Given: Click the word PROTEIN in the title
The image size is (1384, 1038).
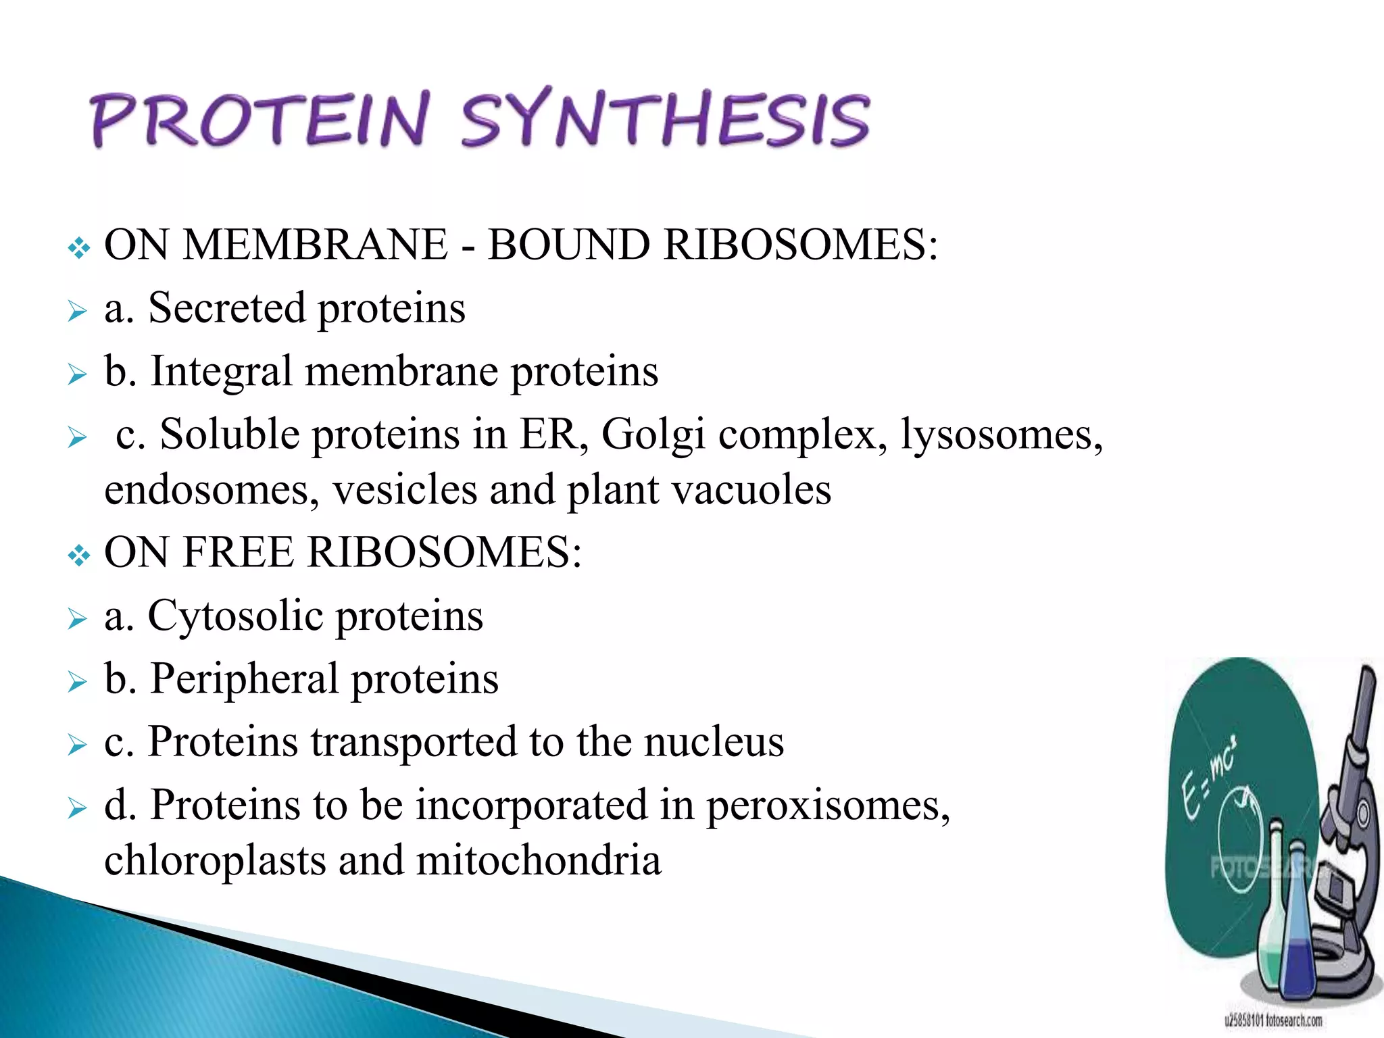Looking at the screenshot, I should click(x=260, y=120).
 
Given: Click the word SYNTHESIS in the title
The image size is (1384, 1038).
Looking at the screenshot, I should click(x=666, y=120).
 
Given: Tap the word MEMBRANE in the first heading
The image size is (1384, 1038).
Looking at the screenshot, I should click(x=316, y=245).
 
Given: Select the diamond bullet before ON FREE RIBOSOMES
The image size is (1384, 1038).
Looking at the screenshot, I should click(x=79, y=556).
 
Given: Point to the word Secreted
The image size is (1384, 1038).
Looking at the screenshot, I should click(x=226, y=308).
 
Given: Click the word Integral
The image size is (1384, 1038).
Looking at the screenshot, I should click(x=221, y=372).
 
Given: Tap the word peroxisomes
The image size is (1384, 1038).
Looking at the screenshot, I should click(x=828, y=806).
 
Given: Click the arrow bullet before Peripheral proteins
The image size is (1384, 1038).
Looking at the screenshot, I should click(x=78, y=682).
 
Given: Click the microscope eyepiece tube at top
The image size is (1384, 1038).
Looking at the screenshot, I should click(x=1362, y=703).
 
